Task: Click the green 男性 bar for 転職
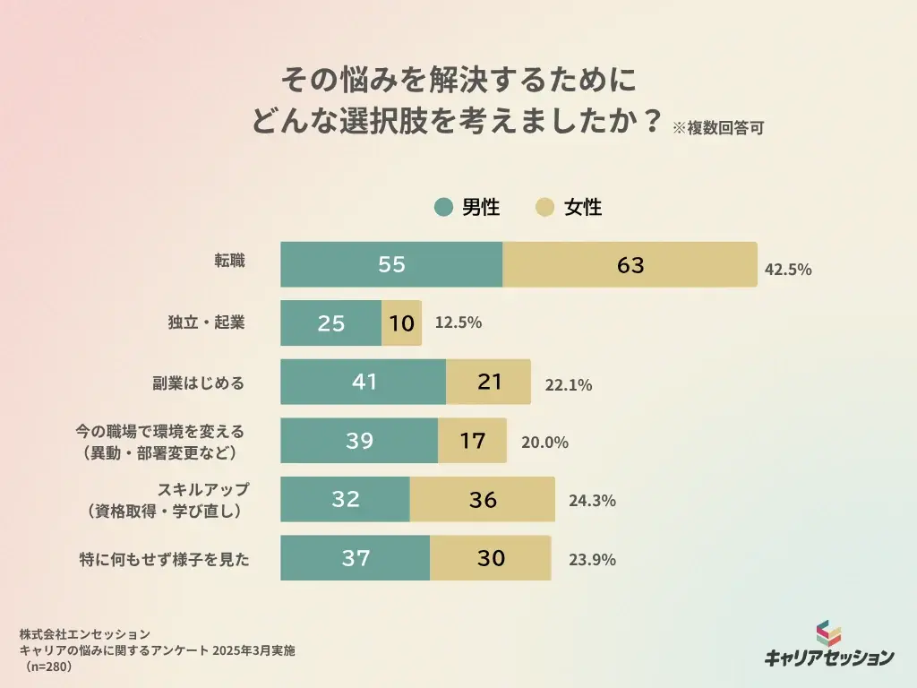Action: tap(391, 264)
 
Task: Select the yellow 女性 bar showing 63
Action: tap(630, 264)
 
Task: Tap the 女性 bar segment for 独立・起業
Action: tap(401, 323)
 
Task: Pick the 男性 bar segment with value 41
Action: tap(363, 382)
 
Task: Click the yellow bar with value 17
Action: tap(472, 441)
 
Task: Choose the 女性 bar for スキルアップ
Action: tap(482, 499)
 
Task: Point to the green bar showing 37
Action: tap(355, 558)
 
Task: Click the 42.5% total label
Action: tap(788, 269)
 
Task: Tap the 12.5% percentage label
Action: tap(458, 322)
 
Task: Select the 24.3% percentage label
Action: tap(592, 501)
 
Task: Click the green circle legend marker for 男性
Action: tap(443, 208)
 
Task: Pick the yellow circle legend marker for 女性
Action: tap(544, 208)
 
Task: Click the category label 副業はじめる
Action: tap(198, 383)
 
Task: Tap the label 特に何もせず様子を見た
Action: tap(164, 560)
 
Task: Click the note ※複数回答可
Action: tap(717, 127)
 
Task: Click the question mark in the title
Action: tap(652, 120)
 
